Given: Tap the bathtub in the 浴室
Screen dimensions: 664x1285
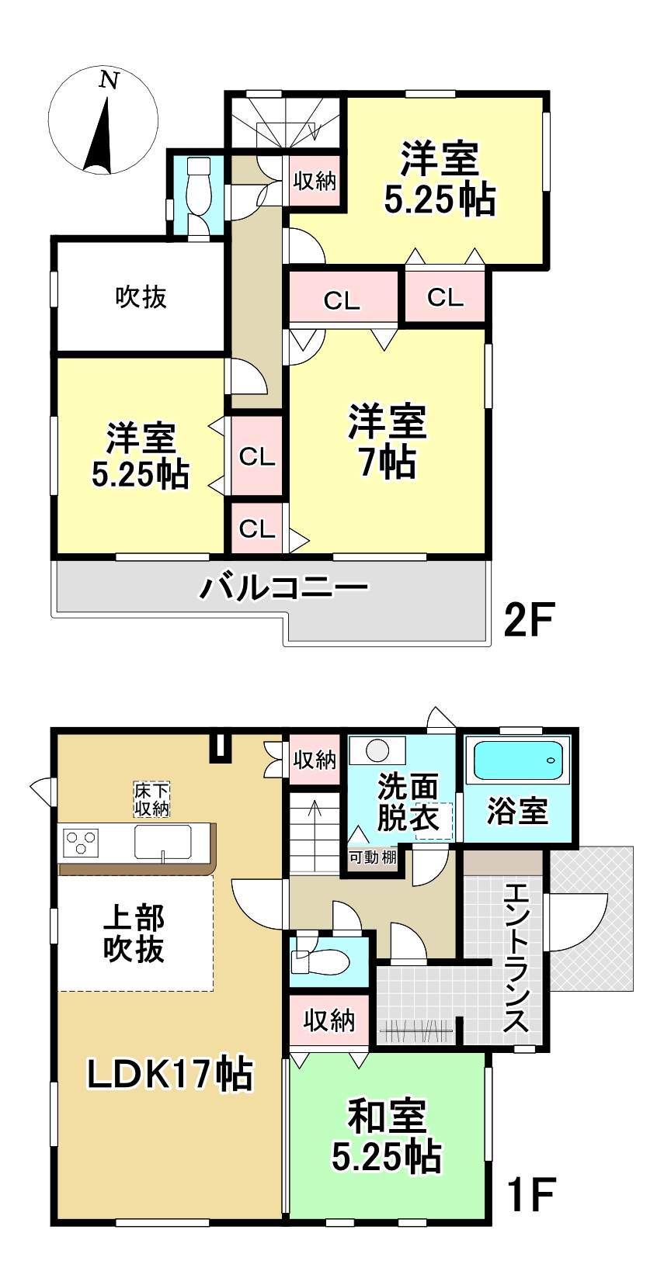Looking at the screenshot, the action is [516, 760].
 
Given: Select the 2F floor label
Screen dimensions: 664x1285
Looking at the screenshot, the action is [528, 619].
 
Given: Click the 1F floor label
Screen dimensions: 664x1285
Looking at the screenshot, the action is [531, 1193].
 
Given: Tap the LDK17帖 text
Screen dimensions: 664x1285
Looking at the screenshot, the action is [170, 1074].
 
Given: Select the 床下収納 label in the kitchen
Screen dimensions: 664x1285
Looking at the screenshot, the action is [152, 799].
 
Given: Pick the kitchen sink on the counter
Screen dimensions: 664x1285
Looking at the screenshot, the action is [163, 842].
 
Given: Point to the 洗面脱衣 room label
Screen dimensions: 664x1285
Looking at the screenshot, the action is [408, 802].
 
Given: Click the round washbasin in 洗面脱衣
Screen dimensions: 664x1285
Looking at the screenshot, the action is [377, 750].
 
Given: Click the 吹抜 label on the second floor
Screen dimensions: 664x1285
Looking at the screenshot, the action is [141, 297].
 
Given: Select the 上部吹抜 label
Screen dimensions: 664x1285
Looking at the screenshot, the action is [134, 933].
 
